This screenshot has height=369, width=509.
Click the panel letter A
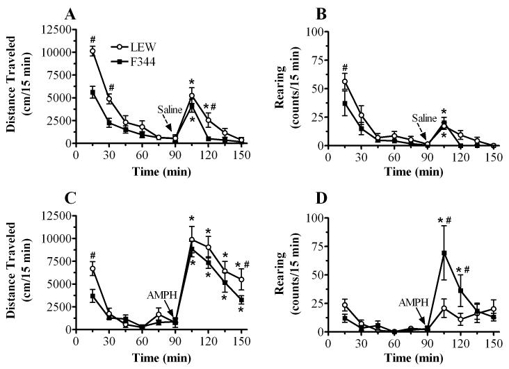click(x=70, y=13)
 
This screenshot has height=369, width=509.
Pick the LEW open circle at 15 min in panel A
click(x=92, y=51)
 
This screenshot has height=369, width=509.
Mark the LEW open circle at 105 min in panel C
click(x=191, y=240)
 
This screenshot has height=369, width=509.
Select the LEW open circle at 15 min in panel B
click(x=345, y=81)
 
